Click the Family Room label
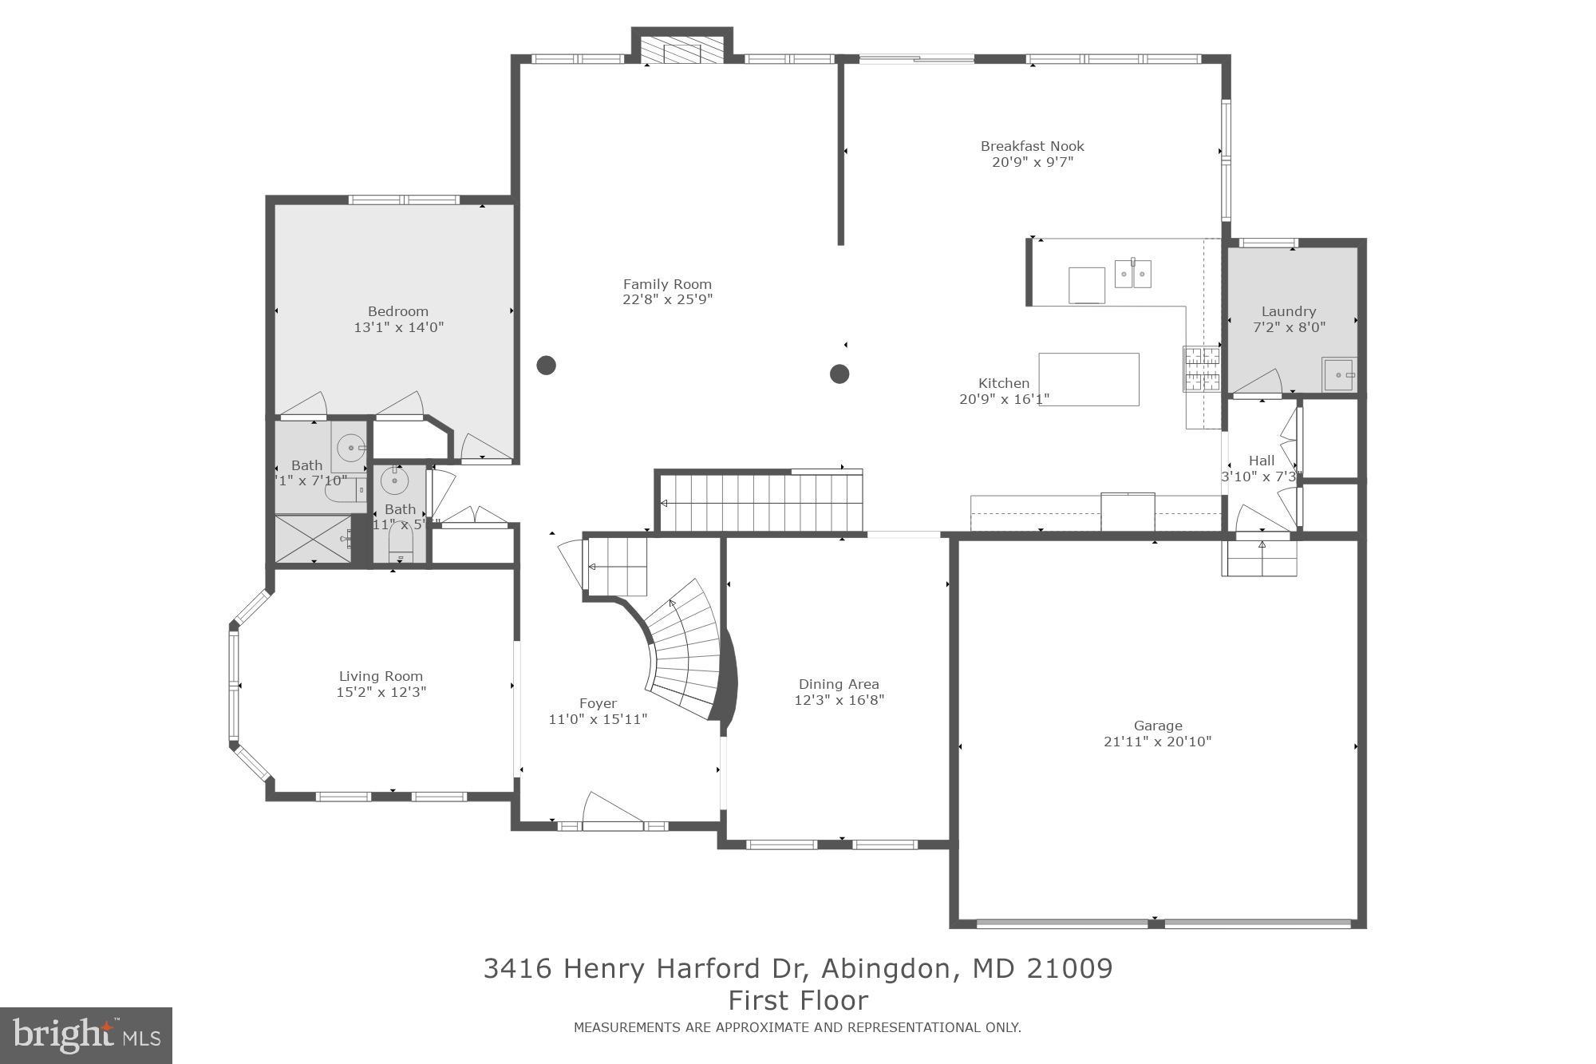point(667,284)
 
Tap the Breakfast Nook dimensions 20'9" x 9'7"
point(1032,162)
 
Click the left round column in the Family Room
point(546,366)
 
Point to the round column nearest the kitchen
point(839,374)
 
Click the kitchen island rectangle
point(1088,379)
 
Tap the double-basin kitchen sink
point(1132,275)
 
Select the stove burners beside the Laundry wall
point(1202,370)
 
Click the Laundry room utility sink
point(1338,374)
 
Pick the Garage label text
point(1157,726)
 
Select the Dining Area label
point(839,684)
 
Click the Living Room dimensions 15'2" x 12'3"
point(381,692)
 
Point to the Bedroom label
point(397,311)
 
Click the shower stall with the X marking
point(312,539)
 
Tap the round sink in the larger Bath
point(350,449)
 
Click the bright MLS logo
point(86,1035)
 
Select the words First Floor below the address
point(798,1000)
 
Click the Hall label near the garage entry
point(1261,461)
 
